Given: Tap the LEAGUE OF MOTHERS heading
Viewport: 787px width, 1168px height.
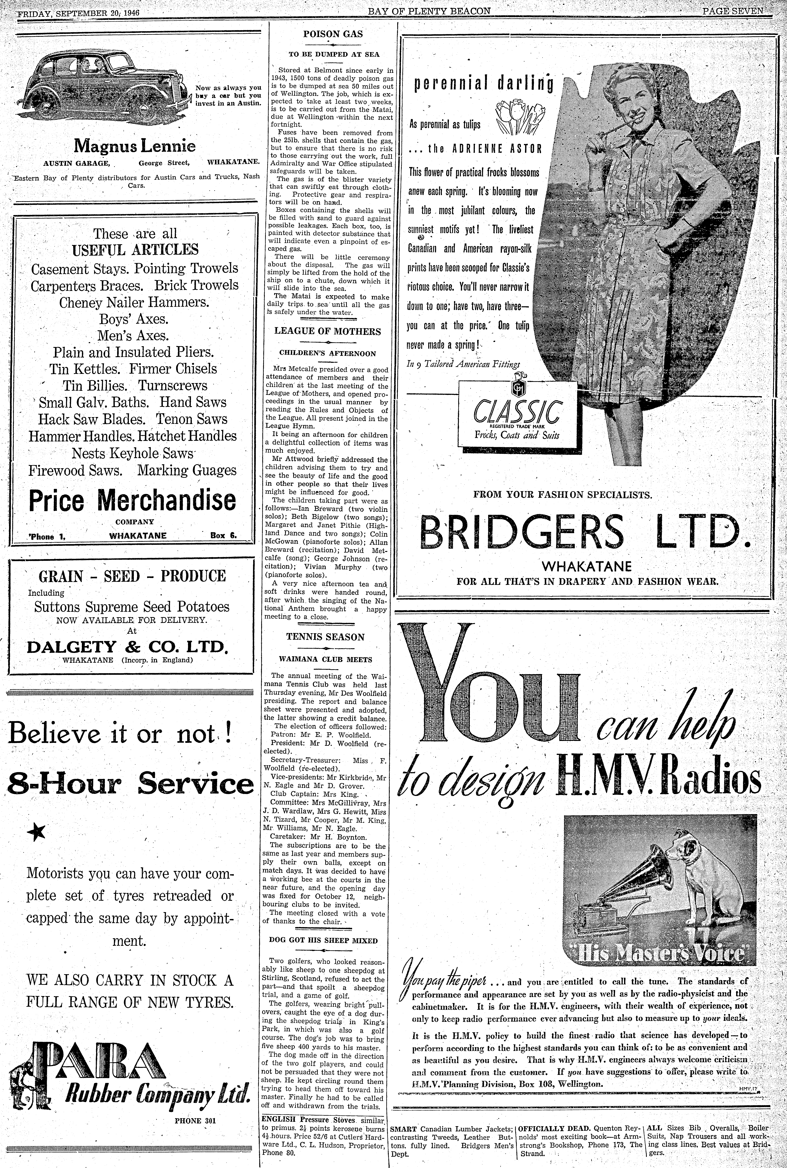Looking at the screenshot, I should [x=327, y=331].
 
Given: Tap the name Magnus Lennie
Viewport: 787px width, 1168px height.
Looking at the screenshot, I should [x=134, y=146].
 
